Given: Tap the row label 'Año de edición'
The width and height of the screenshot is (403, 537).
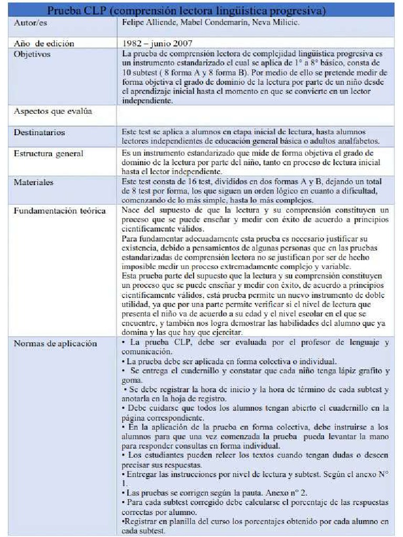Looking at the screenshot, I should point(44,44).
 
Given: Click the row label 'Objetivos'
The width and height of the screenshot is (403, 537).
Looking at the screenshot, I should point(32,53).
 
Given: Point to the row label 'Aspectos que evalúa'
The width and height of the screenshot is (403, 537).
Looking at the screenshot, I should point(52,111).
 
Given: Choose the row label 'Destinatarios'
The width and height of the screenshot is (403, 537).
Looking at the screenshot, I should point(39,132).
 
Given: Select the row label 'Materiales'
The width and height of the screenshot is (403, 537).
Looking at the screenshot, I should point(34,182).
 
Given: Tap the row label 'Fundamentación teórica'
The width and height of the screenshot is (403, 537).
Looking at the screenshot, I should point(59,211).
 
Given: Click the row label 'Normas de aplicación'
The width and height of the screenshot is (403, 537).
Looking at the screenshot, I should point(55,343).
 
